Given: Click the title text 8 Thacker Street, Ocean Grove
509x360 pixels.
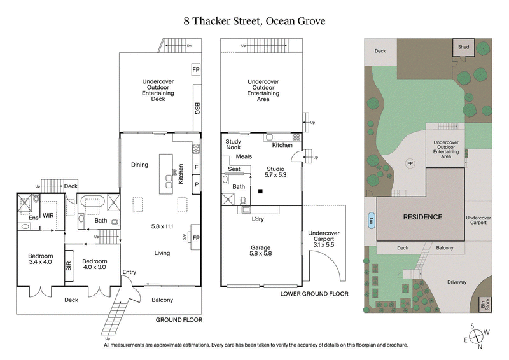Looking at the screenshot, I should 254,21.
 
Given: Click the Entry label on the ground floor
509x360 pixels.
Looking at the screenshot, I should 129,272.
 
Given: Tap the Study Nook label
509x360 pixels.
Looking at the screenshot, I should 233,144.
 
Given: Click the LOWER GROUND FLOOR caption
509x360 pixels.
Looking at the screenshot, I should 314,294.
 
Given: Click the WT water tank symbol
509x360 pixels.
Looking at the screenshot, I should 370,221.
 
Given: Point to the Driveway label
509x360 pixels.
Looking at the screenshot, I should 456,282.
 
